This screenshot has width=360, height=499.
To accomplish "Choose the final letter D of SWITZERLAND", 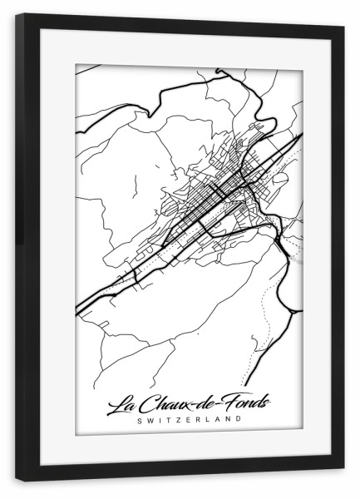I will (242, 419).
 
